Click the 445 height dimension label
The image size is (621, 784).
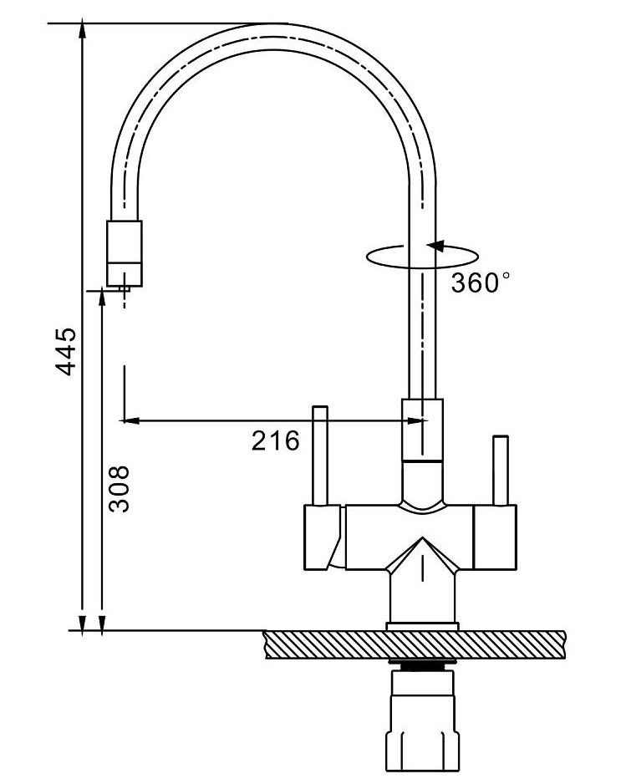(x=66, y=351)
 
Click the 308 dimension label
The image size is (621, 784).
(x=120, y=489)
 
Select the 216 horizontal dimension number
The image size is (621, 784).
(x=275, y=440)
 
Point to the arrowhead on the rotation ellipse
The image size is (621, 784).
(x=434, y=246)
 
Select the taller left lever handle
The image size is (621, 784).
(x=319, y=456)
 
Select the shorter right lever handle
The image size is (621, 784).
(x=501, y=471)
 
